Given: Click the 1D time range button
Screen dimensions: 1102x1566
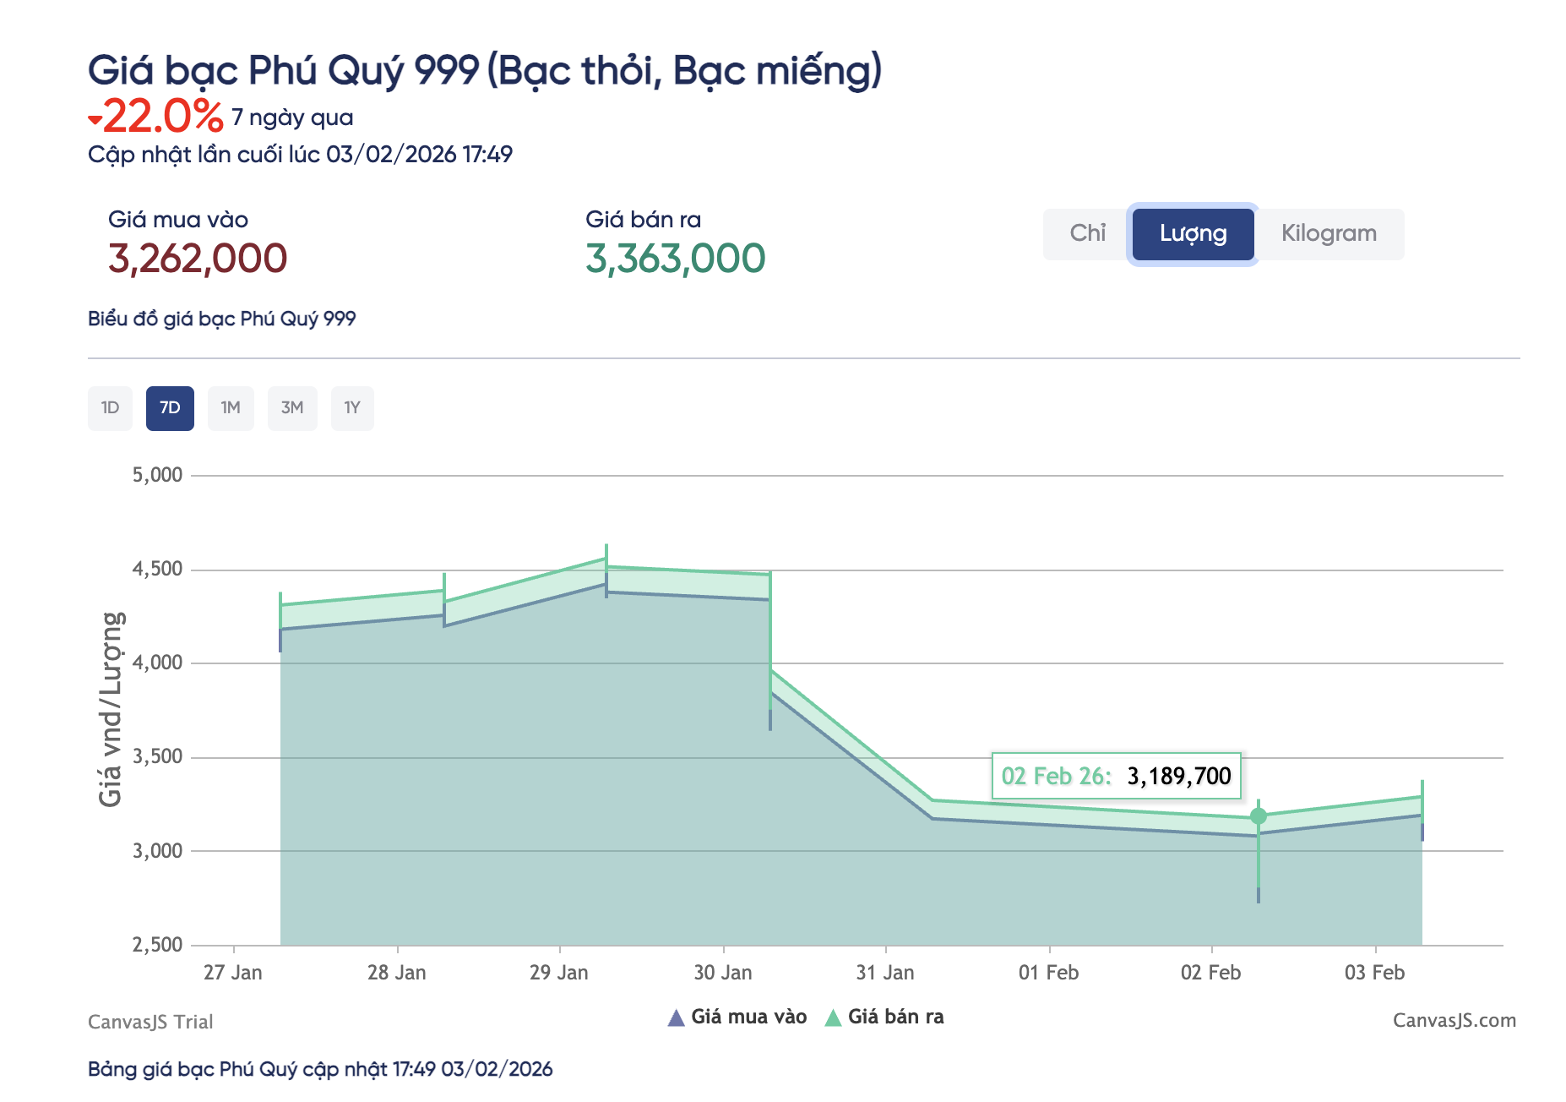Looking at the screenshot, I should point(110,408).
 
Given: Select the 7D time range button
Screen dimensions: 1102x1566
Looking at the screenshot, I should point(170,408).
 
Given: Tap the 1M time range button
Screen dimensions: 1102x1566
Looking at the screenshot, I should point(231,408).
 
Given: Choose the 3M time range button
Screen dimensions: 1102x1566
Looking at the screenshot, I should point(292,408).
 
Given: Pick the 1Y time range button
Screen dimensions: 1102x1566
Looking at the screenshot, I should point(352,408).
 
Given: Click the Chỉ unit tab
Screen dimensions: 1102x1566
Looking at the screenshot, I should point(1087,234).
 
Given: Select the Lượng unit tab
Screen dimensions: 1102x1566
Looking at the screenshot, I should point(1193,234).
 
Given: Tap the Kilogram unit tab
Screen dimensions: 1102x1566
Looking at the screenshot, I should point(1329,234).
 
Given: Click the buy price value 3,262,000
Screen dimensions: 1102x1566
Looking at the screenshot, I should point(198,259).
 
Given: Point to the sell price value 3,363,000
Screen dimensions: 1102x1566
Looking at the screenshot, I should point(676,259).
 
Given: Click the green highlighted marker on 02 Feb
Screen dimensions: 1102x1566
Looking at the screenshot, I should point(1259,816).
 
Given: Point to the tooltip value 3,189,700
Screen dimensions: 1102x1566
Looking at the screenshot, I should point(1179,776).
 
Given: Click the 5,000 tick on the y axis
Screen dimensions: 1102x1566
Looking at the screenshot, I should point(157,475).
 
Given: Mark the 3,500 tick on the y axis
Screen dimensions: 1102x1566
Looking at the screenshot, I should point(157,756).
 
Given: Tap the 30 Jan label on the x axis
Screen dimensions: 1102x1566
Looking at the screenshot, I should point(723,973).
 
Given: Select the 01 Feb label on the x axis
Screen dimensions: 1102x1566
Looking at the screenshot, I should point(1048,973).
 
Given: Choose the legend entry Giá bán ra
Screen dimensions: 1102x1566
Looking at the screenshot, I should point(884,1017).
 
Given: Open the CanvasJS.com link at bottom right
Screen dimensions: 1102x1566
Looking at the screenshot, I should point(1454,1021).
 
